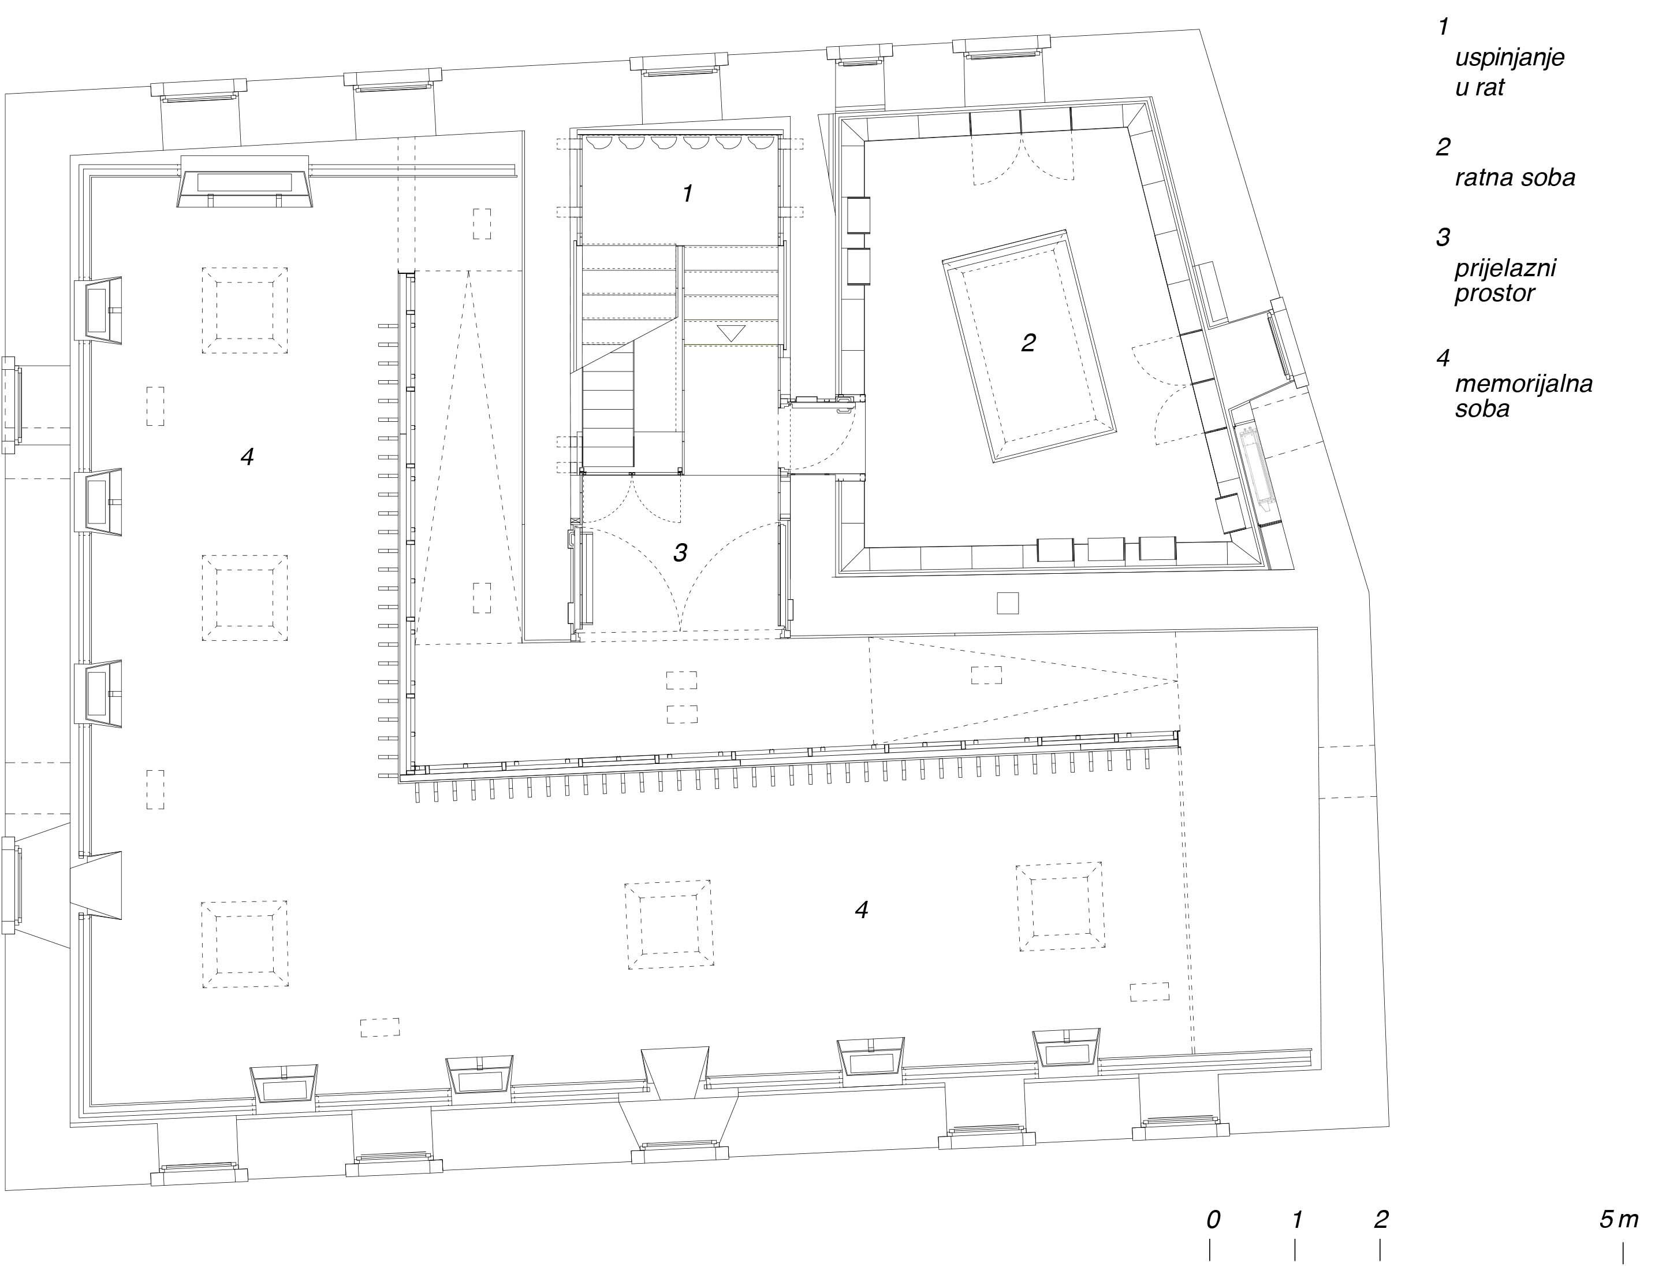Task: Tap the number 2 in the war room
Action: click(1028, 343)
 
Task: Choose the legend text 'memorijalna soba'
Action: click(1523, 396)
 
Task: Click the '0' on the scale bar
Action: click(1213, 1219)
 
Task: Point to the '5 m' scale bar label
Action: click(1619, 1219)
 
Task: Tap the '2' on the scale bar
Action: click(1381, 1219)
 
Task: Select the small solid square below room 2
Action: click(1007, 603)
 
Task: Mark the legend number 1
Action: click(1443, 27)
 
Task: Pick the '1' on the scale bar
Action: click(1297, 1219)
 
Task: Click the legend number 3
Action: click(1443, 237)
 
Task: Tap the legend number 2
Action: click(1443, 147)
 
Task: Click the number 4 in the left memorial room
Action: click(247, 455)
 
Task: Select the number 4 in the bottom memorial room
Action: click(862, 909)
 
